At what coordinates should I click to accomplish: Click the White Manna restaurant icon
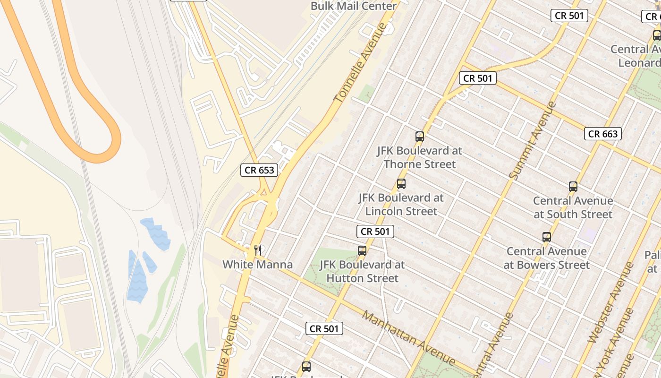point(258,250)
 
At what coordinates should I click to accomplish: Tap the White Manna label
point(257,265)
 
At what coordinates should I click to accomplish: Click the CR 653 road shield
point(259,170)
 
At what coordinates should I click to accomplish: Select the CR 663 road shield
point(603,134)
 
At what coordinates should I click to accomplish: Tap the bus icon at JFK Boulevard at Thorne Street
point(420,137)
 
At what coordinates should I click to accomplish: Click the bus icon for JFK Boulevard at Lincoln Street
point(401,184)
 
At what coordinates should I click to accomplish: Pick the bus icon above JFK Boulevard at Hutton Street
point(362,251)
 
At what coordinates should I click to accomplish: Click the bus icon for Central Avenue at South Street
point(573,187)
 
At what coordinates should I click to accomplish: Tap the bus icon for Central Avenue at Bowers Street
point(547,237)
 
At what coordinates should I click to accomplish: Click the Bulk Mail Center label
point(353,6)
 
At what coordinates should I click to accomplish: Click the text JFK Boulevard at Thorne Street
point(419,157)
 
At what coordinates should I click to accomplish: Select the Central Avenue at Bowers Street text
point(547,258)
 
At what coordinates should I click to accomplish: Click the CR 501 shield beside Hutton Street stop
point(375,232)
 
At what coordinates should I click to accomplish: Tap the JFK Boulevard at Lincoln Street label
point(401,204)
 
